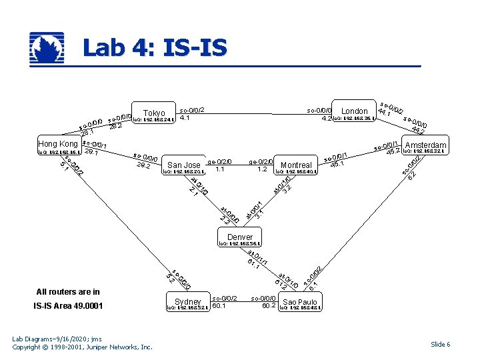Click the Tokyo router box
click(x=154, y=113)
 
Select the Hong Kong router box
click(x=58, y=144)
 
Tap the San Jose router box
click(x=183, y=165)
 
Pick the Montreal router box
click(x=297, y=165)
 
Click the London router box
click(x=354, y=111)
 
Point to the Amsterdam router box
click(x=425, y=145)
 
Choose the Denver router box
click(x=240, y=237)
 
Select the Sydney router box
click(x=187, y=302)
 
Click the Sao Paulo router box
click(x=300, y=302)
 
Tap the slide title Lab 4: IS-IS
click(x=154, y=48)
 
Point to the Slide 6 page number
click(x=440, y=344)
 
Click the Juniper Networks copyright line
click(x=83, y=347)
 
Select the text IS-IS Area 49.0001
click(x=69, y=306)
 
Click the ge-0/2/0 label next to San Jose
click(x=219, y=161)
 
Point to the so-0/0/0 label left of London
click(x=319, y=110)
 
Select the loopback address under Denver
click(x=240, y=244)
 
